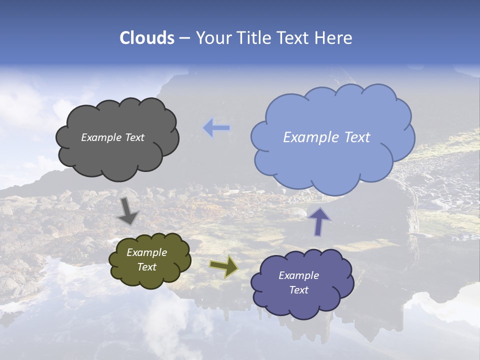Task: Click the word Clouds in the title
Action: pyautogui.click(x=147, y=38)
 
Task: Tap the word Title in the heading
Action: pyautogui.click(x=249, y=38)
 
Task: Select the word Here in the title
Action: pyautogui.click(x=334, y=38)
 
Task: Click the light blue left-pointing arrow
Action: pyautogui.click(x=216, y=128)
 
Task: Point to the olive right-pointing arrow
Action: pyautogui.click(x=224, y=266)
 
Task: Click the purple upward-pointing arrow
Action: pyautogui.click(x=319, y=221)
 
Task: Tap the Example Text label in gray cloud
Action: pyautogui.click(x=112, y=137)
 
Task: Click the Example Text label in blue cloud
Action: pyautogui.click(x=326, y=137)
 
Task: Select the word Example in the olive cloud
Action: pyautogui.click(x=146, y=252)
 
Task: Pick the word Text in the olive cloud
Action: pyautogui.click(x=146, y=267)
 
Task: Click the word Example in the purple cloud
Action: pyautogui.click(x=298, y=275)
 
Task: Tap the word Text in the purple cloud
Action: pyautogui.click(x=298, y=290)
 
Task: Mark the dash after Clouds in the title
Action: pyautogui.click(x=184, y=38)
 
